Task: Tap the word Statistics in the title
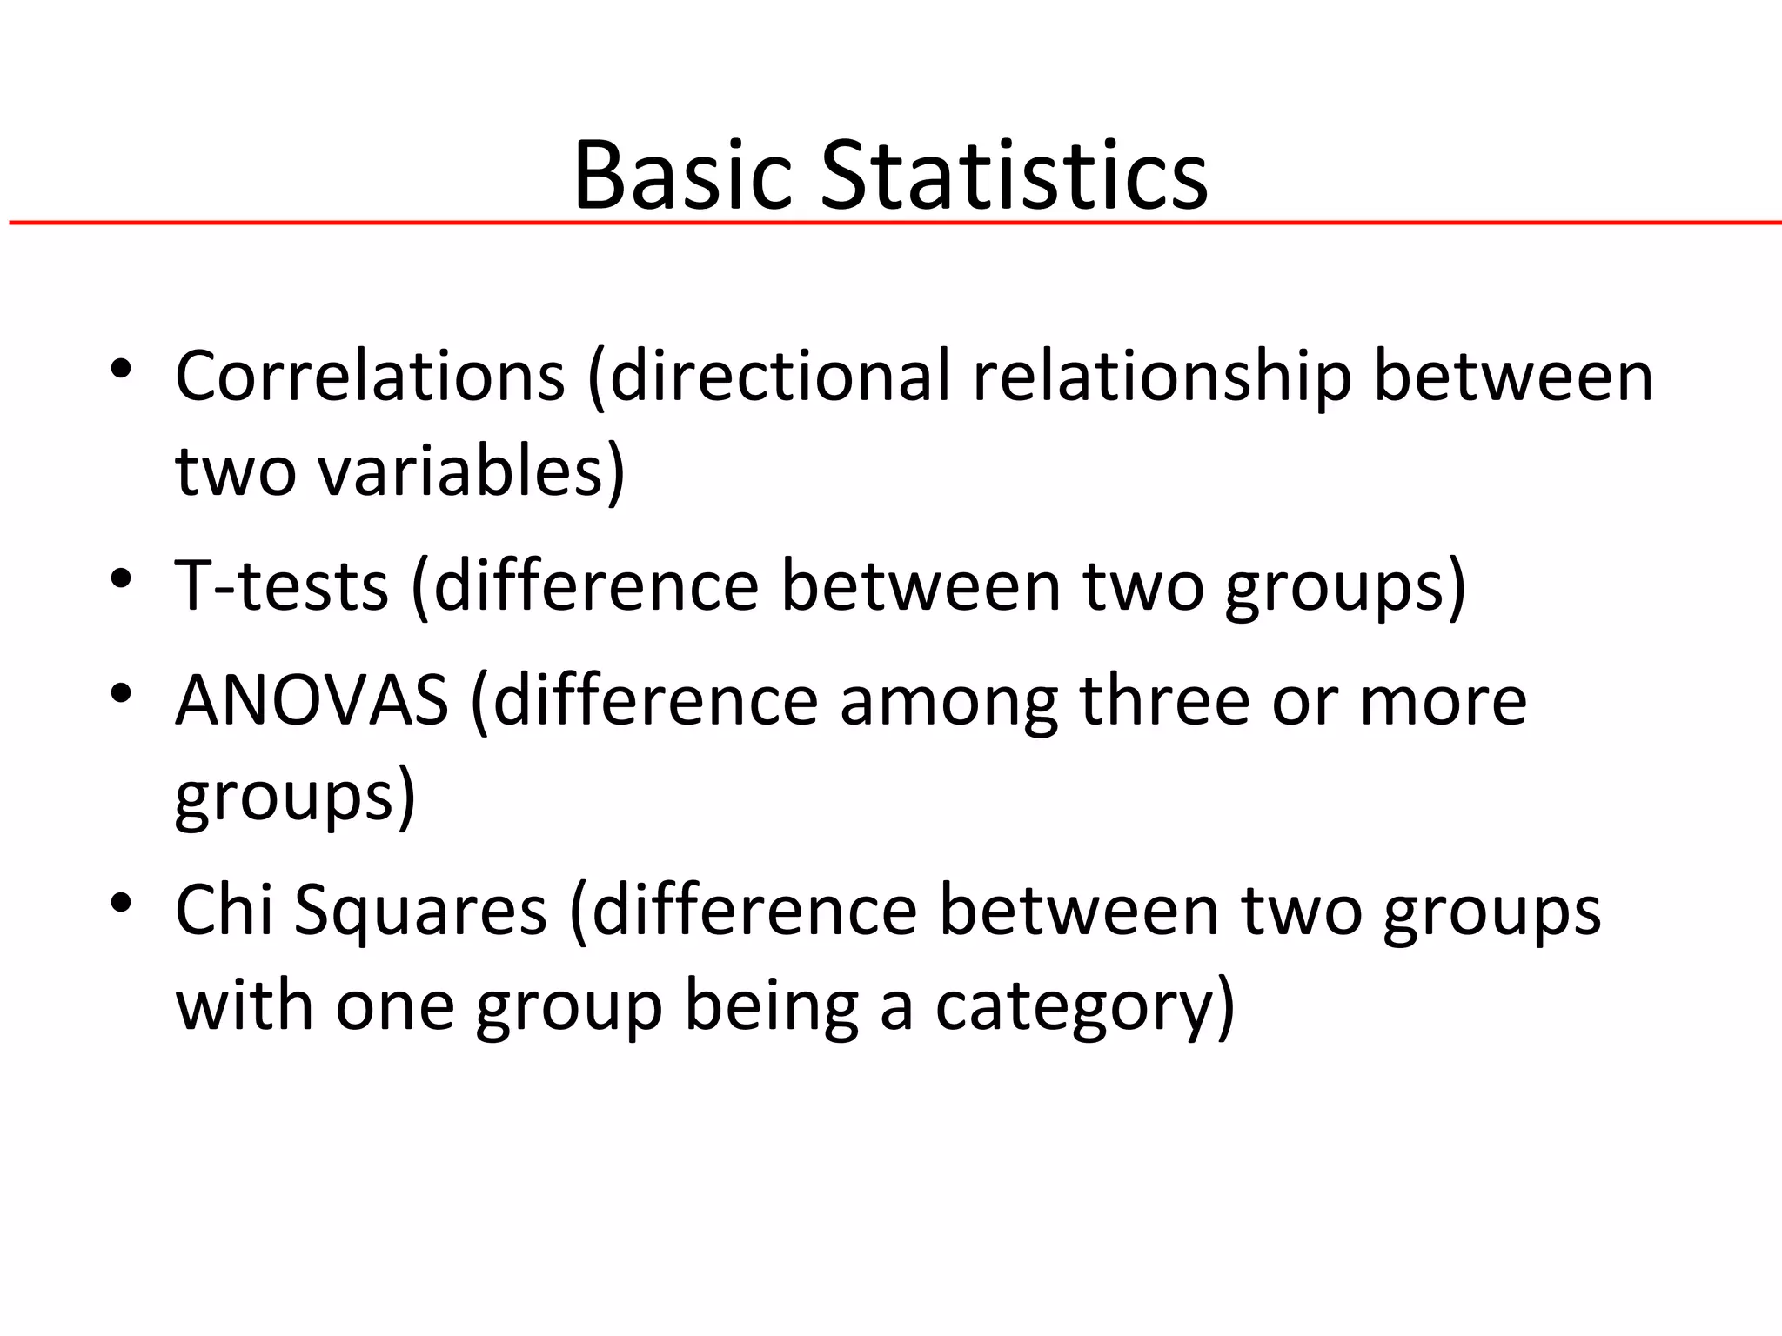(x=1014, y=176)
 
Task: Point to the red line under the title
(x=891, y=224)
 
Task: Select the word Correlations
(x=371, y=377)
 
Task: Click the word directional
(x=780, y=377)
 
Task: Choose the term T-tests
(x=281, y=586)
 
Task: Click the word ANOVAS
(x=312, y=701)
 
